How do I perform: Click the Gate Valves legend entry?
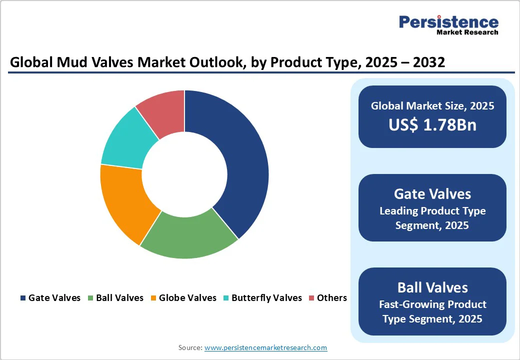pyautogui.click(x=50, y=298)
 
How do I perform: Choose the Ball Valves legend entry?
pyautogui.click(x=115, y=298)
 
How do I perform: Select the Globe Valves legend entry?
pyautogui.click(x=183, y=298)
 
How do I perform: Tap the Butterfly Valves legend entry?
pyautogui.click(x=262, y=298)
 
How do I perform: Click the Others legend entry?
pyautogui.click(x=328, y=298)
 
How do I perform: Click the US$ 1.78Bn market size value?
pyautogui.click(x=432, y=125)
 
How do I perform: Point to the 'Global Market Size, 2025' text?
pyautogui.click(x=432, y=105)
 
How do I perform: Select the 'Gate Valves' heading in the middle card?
pyautogui.click(x=432, y=193)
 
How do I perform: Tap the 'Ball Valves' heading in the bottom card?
pyautogui.click(x=432, y=287)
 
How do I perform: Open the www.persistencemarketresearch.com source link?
pyautogui.click(x=265, y=347)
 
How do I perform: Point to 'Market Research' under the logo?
pyautogui.click(x=467, y=33)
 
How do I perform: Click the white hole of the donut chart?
pyautogui.click(x=184, y=174)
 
